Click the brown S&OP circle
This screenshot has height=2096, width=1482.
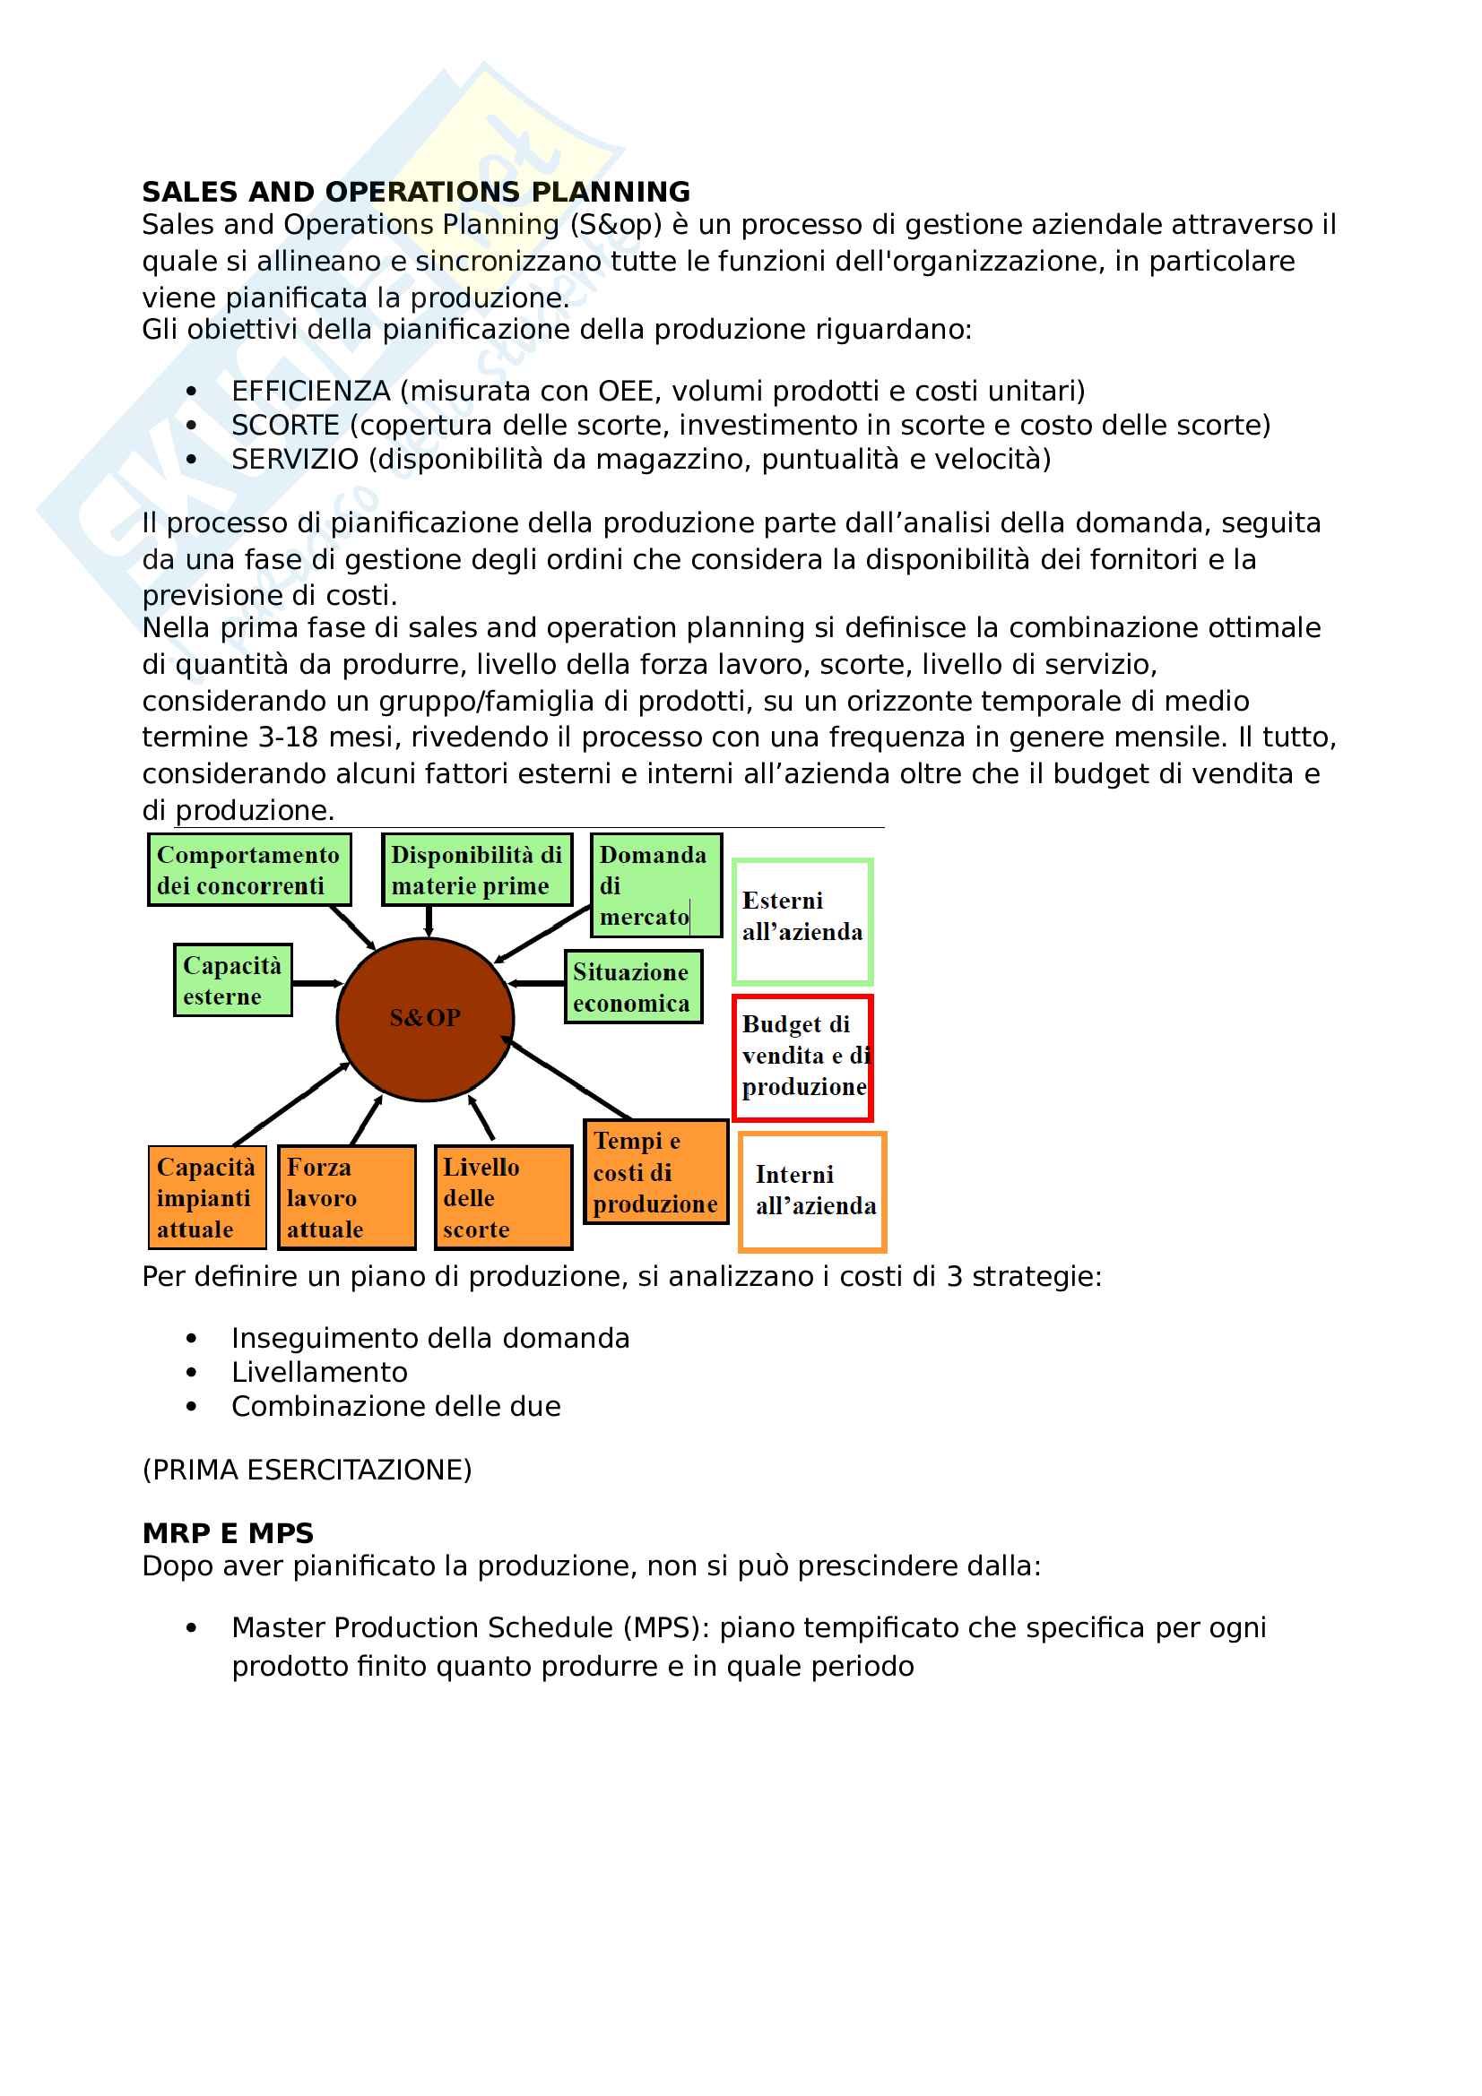pos(426,1019)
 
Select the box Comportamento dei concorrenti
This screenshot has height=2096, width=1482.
pos(249,869)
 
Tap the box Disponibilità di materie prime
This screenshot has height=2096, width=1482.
pos(477,869)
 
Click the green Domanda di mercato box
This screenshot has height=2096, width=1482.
pos(655,884)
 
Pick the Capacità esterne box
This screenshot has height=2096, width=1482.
pos(233,979)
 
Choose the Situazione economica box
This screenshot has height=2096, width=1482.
pos(633,987)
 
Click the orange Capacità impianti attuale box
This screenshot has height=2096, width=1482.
pos(207,1197)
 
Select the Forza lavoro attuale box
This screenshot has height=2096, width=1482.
pos(346,1197)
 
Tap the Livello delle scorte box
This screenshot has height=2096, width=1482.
pos(503,1197)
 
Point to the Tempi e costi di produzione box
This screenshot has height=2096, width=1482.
pos(655,1171)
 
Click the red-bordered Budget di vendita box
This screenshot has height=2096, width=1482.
pos(802,1057)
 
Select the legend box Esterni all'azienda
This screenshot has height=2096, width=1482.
pos(802,920)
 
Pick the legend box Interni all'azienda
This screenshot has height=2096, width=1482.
pos(811,1191)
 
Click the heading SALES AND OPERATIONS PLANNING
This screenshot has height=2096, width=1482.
pos(415,192)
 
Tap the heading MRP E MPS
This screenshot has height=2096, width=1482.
pos(228,1532)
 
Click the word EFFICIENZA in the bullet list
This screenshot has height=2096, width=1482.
pos(310,391)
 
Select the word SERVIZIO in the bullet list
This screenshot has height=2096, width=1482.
pos(294,459)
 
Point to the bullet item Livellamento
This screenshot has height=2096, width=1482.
pos(318,1372)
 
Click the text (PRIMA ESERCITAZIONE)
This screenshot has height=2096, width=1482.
pos(307,1470)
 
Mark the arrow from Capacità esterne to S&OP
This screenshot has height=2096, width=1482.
pos(315,983)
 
